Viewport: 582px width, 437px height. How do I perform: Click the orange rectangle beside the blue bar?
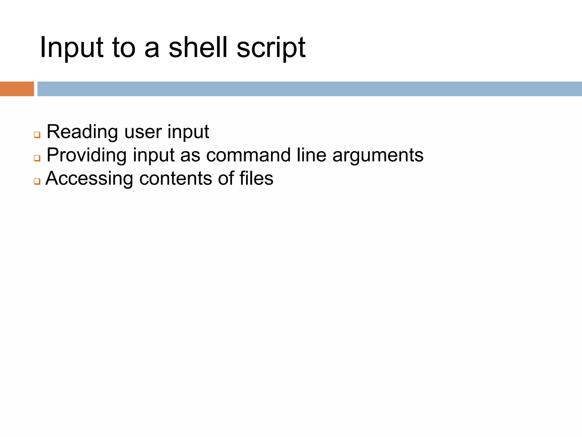click(17, 89)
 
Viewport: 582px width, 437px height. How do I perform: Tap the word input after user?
click(188, 132)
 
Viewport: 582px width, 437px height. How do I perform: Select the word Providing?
click(86, 155)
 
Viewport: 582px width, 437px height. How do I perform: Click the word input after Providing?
click(153, 155)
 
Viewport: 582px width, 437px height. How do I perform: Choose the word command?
click(248, 155)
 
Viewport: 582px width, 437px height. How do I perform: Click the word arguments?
click(378, 155)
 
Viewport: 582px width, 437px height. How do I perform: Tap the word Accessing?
click(89, 179)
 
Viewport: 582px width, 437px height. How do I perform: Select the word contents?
click(176, 179)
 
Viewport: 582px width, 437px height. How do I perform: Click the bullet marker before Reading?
click(37, 135)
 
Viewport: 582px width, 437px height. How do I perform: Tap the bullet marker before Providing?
click(37, 158)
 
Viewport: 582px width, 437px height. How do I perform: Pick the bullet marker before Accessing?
click(37, 181)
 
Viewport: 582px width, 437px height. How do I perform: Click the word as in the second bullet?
click(190, 155)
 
